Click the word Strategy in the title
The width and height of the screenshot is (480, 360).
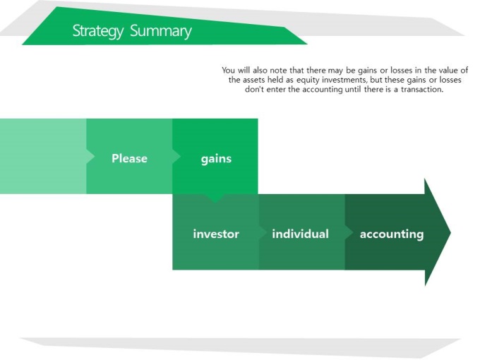pos(98,31)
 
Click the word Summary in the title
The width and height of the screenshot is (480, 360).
pos(161,31)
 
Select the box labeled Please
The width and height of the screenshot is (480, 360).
pos(129,156)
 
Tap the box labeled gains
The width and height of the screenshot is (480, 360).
pos(215,156)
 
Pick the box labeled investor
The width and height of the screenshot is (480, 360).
pos(216,232)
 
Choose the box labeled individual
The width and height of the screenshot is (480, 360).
pos(302,232)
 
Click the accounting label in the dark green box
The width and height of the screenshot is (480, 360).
pos(392,234)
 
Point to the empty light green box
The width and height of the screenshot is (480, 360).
pos(43,156)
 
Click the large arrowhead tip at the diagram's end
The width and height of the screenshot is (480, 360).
pos(451,233)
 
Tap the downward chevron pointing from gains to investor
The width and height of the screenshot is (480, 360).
pos(215,198)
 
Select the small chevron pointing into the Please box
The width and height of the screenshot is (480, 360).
pos(90,157)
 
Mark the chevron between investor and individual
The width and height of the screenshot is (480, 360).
pos(263,233)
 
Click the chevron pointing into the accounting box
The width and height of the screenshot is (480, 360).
pos(349,233)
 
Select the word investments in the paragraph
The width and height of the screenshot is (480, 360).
pos(344,80)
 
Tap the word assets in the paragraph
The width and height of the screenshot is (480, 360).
pos(254,80)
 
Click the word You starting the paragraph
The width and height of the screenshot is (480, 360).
pos(229,71)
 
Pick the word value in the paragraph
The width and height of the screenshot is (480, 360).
pos(448,71)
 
